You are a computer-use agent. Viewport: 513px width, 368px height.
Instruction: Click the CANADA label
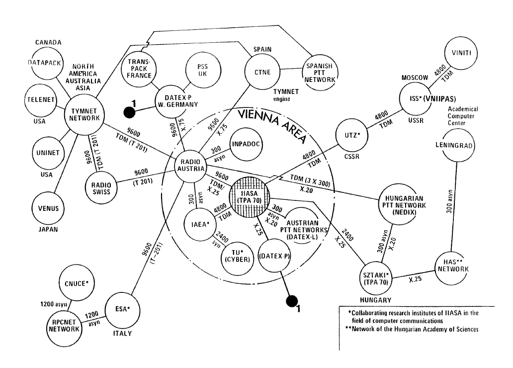[x=48, y=42]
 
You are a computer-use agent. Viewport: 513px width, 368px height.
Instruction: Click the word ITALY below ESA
[x=121, y=333]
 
